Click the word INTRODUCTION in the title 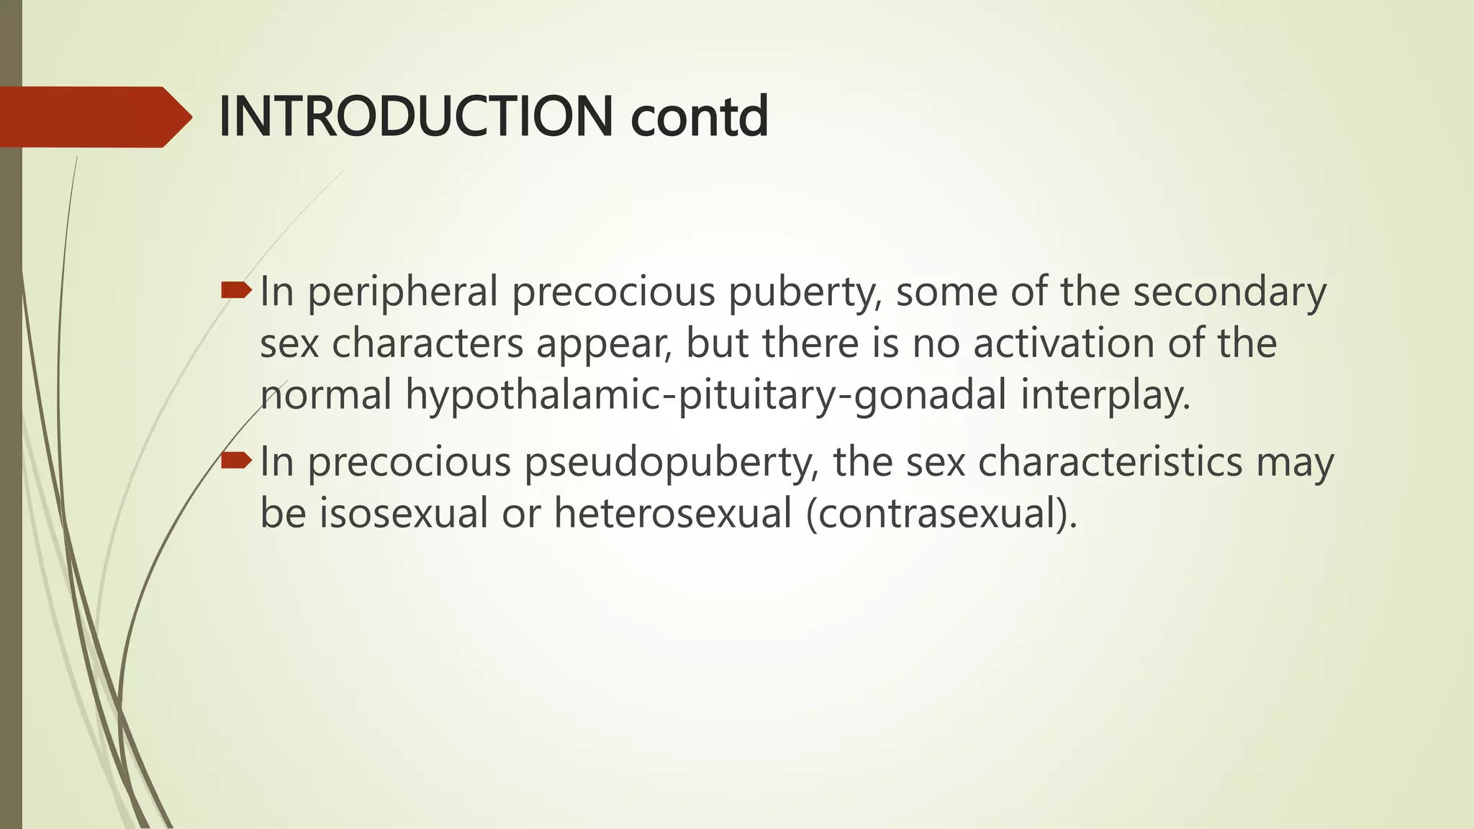coord(415,117)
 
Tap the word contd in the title coord(700,117)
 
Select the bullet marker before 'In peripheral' coord(236,291)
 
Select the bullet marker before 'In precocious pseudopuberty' coord(236,461)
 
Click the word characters coord(428,344)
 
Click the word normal coord(326,395)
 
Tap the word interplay coord(1105,397)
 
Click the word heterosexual coord(672,514)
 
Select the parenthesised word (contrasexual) coord(941,514)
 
